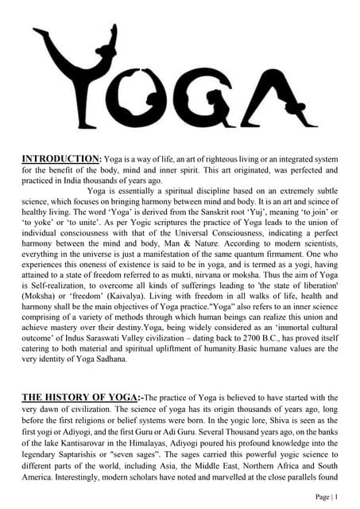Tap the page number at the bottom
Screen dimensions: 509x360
[326, 495]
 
